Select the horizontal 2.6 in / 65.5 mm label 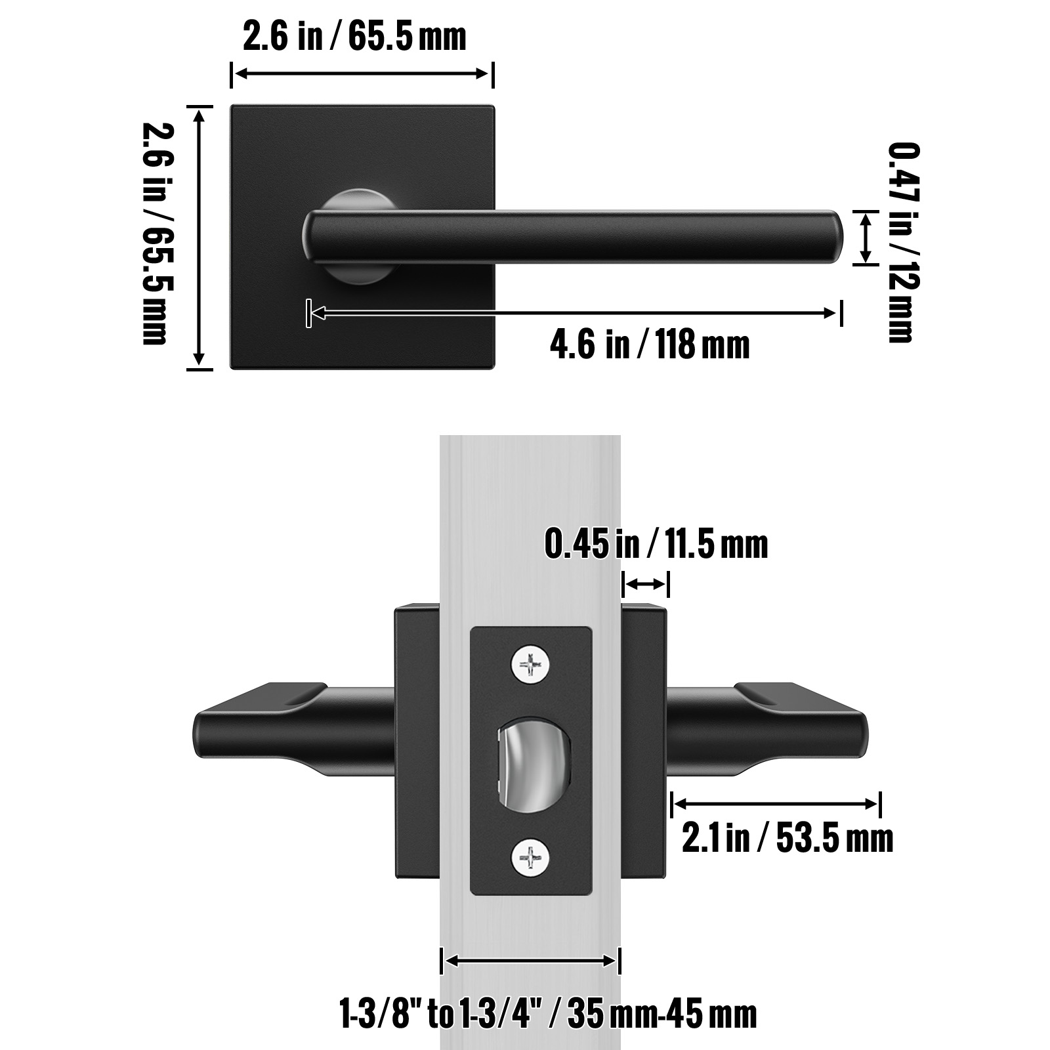click(354, 36)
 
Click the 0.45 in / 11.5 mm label click(656, 545)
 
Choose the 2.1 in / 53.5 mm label click(787, 839)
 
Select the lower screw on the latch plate click(529, 858)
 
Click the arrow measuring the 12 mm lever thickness click(866, 238)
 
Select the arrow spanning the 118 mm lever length click(574, 313)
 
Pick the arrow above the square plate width click(362, 73)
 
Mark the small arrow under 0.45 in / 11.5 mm click(646, 583)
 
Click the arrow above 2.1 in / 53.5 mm click(775, 803)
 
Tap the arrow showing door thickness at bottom click(530, 961)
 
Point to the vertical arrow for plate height click(199, 238)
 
